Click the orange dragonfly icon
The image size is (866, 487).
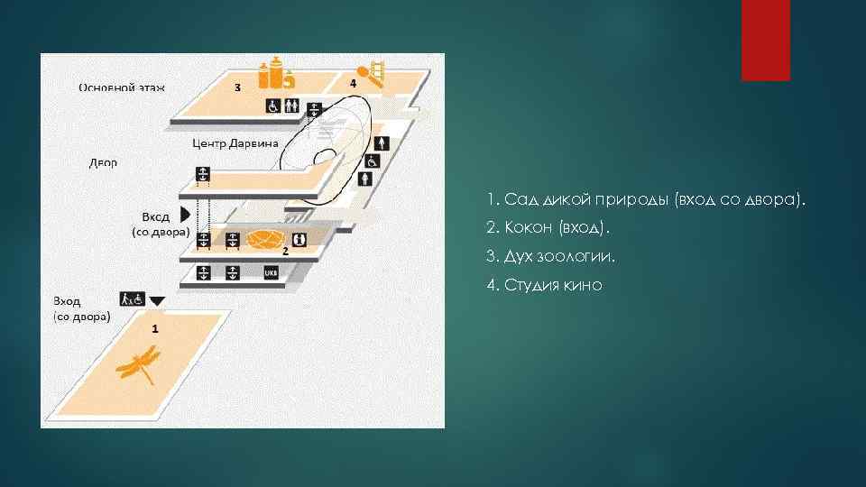tap(139, 366)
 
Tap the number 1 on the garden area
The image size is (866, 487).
tap(155, 329)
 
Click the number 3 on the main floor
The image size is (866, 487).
tap(237, 87)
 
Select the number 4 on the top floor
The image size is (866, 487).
tap(353, 83)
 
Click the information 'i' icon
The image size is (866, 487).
tap(299, 240)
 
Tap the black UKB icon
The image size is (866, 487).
tap(270, 271)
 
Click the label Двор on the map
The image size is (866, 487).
tap(104, 163)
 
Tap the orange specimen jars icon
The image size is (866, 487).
tap(277, 75)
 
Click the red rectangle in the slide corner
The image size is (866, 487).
tap(765, 40)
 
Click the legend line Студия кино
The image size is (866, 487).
tap(543, 285)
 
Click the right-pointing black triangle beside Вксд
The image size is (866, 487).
tap(185, 214)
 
